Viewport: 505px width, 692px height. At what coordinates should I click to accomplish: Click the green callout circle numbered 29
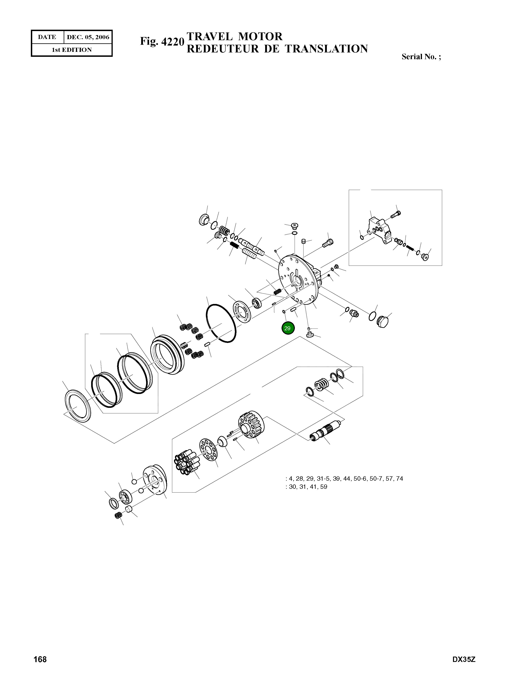(x=287, y=328)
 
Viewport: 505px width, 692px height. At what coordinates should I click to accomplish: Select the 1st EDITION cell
(x=72, y=50)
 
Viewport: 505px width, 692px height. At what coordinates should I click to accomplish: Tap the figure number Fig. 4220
(x=162, y=41)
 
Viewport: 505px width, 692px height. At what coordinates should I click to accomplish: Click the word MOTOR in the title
(x=260, y=37)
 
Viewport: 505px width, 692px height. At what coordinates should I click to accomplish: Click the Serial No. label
(x=421, y=57)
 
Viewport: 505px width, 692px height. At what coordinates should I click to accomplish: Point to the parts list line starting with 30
(x=306, y=487)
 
